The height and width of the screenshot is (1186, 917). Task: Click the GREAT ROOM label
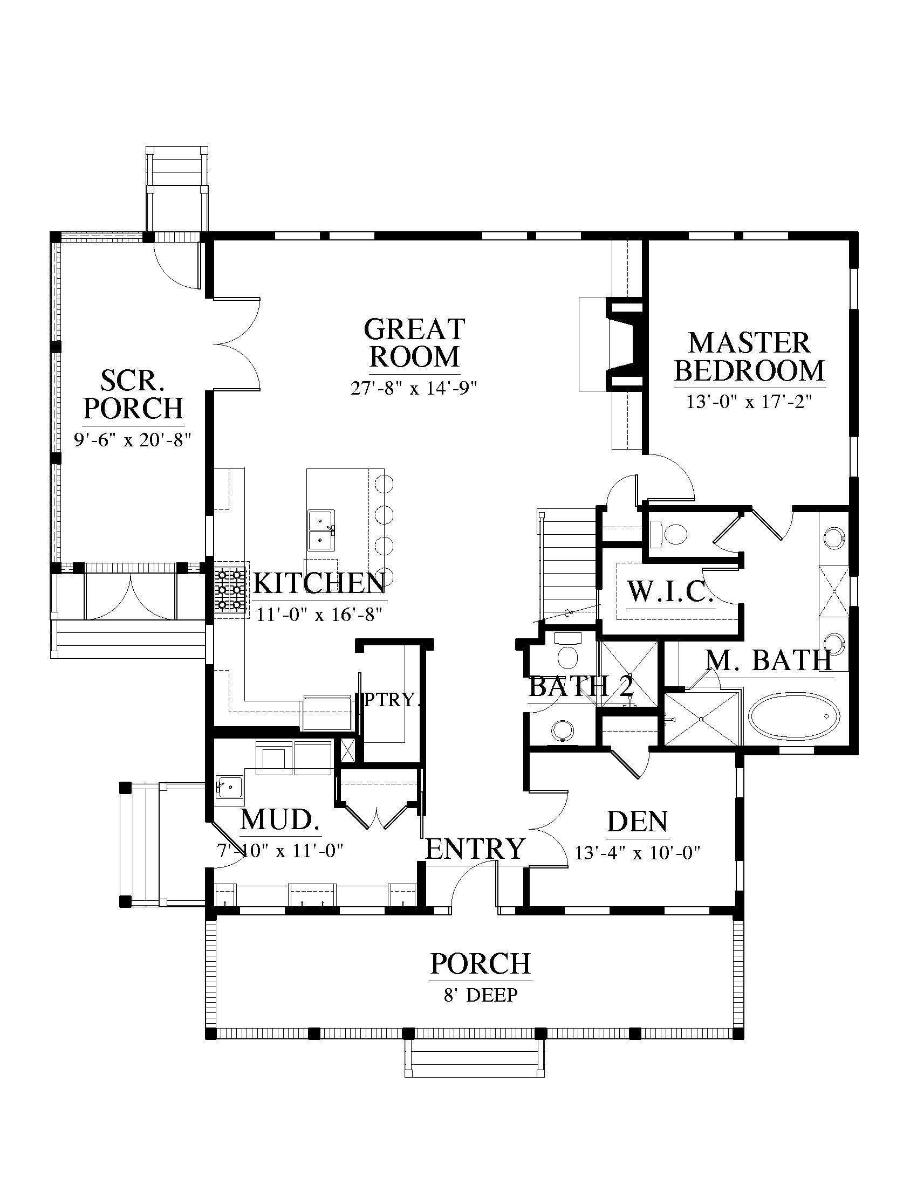pos(414,343)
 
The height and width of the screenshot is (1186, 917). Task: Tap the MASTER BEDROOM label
pos(749,357)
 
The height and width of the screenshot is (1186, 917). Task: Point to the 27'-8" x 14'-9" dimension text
pos(414,388)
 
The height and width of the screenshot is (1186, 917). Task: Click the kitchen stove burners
pos(230,589)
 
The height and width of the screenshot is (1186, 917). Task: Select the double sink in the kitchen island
pos(321,529)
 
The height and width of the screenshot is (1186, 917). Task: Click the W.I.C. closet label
pos(670,592)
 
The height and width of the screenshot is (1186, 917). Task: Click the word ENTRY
pos(475,848)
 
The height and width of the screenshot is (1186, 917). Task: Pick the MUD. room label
pos(279,820)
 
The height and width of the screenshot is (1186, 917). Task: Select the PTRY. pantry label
pos(392,700)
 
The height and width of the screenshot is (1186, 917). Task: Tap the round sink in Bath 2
pos(562,730)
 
